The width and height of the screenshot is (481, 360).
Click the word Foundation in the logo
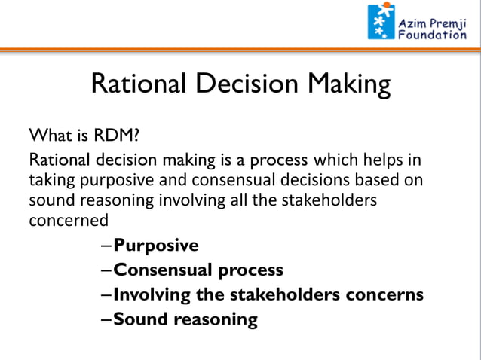click(432, 35)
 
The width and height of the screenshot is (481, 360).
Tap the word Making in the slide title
click(350, 84)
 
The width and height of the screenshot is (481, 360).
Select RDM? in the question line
click(115, 137)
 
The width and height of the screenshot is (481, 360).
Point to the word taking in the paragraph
click(51, 182)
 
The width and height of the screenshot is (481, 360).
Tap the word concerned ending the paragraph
click(68, 221)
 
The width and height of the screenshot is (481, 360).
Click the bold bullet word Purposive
click(156, 246)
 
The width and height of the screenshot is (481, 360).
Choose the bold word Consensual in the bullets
click(164, 270)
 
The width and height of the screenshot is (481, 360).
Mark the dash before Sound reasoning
click(106, 319)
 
